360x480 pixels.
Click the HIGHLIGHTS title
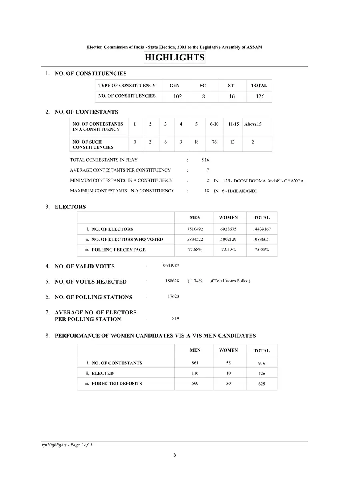(x=174, y=58)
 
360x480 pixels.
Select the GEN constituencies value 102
(x=178, y=97)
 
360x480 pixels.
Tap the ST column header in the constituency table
(x=231, y=86)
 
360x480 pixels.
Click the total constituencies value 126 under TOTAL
(x=260, y=97)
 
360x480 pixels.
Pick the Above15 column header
(x=253, y=124)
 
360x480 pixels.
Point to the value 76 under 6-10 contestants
(x=214, y=142)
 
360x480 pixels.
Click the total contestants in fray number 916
(x=205, y=160)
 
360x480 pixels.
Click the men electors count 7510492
(x=195, y=229)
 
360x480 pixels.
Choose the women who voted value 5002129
(x=228, y=240)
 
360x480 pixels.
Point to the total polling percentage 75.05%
(x=262, y=250)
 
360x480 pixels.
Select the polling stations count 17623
(x=173, y=296)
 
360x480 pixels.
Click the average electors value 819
(x=175, y=318)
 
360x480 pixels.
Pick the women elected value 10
(x=228, y=373)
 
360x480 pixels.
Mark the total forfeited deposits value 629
(x=262, y=384)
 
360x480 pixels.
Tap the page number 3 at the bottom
(x=174, y=455)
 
